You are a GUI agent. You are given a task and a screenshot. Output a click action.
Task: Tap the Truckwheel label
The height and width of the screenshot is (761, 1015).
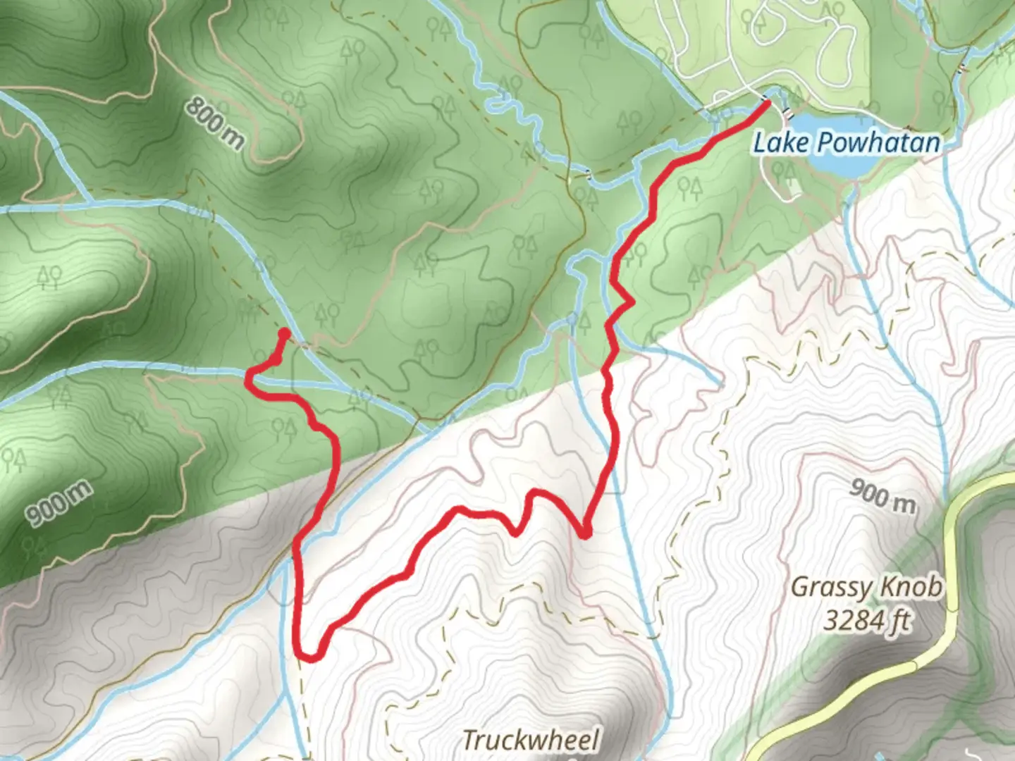click(x=530, y=740)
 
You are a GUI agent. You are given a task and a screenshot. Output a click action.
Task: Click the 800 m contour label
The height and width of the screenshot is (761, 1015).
click(x=215, y=123)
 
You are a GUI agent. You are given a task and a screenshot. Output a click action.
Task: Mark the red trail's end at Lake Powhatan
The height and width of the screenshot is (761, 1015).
click(x=766, y=104)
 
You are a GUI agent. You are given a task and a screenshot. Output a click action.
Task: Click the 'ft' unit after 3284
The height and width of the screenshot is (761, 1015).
click(x=899, y=621)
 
